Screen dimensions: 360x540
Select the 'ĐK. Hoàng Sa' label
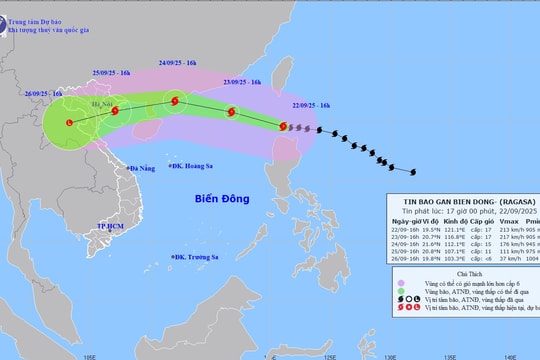pos(200,166)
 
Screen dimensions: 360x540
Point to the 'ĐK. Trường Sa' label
pos(204,257)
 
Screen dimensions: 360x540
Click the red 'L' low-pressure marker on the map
pos(69,123)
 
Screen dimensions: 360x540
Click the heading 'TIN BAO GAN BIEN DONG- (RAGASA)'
pos(461,198)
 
